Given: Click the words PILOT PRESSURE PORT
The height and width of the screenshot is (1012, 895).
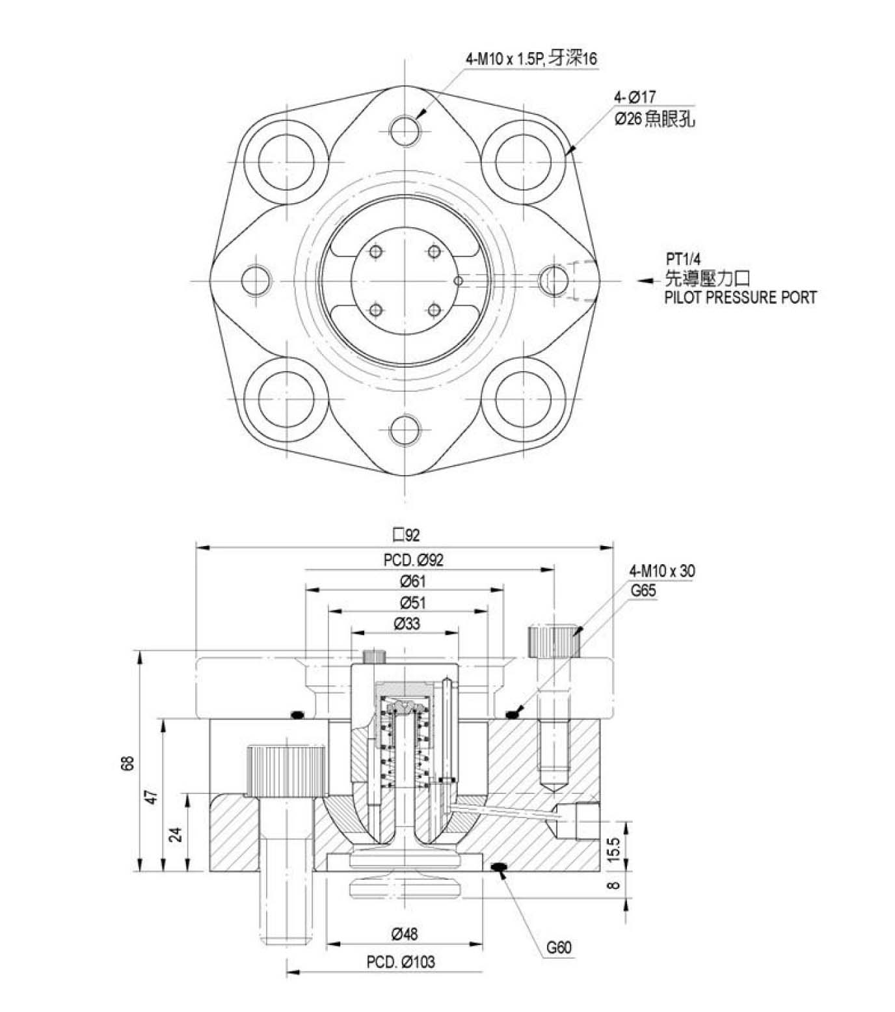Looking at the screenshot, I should click(740, 297).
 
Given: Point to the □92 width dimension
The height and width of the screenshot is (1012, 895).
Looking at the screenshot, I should click(406, 535).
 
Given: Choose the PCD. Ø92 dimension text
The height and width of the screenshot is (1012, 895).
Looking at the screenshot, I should click(413, 559).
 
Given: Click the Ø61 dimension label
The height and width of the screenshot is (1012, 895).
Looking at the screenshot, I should click(412, 581).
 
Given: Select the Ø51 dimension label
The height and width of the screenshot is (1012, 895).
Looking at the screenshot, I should click(412, 602).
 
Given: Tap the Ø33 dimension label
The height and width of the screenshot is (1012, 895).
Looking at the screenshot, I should click(407, 623).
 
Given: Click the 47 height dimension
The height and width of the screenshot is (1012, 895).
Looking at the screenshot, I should click(151, 797).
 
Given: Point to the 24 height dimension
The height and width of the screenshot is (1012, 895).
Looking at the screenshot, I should click(176, 834).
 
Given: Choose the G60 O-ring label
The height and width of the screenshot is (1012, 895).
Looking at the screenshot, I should click(559, 947).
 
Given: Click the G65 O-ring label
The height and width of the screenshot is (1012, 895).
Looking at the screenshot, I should click(643, 591).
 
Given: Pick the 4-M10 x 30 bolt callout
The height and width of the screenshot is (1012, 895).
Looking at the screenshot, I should click(661, 571).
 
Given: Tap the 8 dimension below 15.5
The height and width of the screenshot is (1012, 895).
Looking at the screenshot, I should click(615, 885).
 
